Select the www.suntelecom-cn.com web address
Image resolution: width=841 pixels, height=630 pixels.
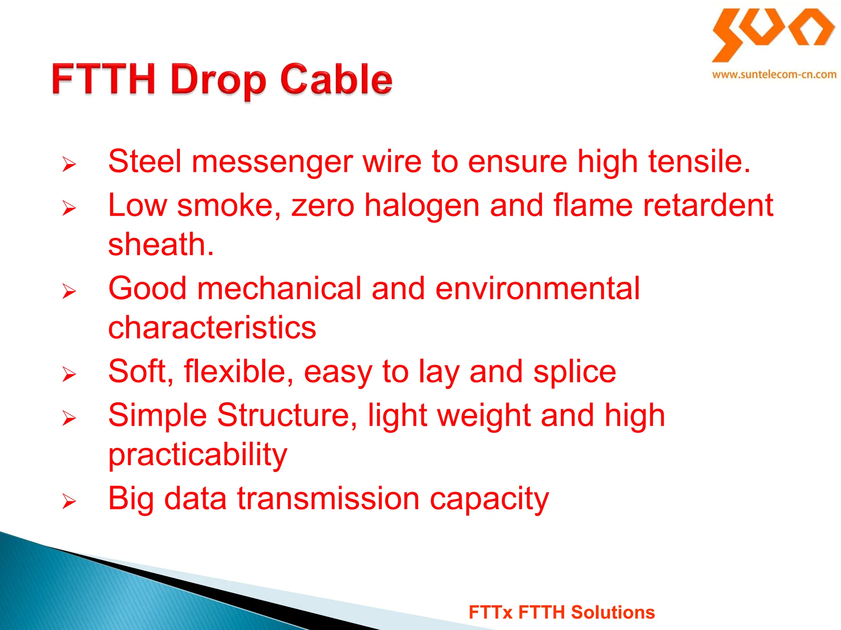point(774,75)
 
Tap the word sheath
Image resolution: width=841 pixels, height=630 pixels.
point(161,244)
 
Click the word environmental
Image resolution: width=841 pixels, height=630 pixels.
point(537,288)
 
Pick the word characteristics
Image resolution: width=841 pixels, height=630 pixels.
point(212,328)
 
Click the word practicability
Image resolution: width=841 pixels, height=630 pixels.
point(198,455)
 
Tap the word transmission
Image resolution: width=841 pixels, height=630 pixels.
point(328,499)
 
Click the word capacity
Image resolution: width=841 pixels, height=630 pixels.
point(489,500)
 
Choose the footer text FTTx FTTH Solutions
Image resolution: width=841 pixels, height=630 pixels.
point(561,612)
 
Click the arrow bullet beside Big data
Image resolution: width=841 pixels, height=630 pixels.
point(69,502)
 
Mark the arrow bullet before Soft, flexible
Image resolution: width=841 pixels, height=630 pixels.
point(69,374)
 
